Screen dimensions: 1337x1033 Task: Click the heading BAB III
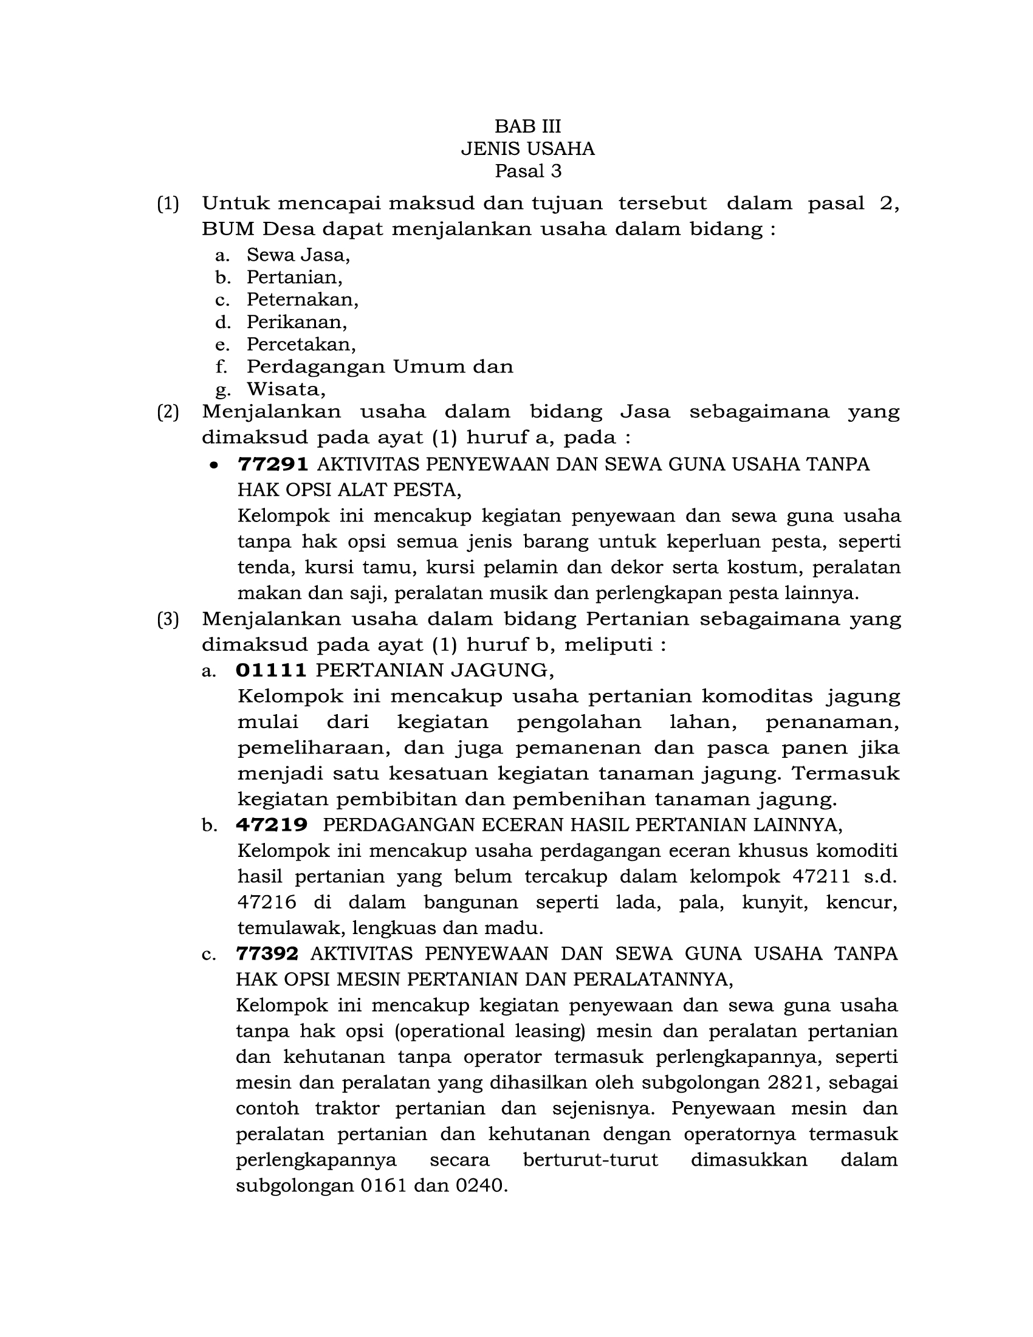(x=527, y=126)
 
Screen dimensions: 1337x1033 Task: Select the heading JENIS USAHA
(x=527, y=149)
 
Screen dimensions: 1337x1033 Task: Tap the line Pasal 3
(x=527, y=171)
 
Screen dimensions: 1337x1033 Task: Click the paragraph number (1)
(x=168, y=203)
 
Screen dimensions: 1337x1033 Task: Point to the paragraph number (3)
(x=168, y=619)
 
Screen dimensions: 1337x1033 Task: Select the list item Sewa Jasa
(x=298, y=255)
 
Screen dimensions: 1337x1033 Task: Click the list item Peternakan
(x=303, y=300)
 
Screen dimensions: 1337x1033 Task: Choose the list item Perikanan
(x=297, y=322)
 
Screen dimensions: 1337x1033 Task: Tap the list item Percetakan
(x=301, y=345)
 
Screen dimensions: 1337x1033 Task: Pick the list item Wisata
(x=286, y=390)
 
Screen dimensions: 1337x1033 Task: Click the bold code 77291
(x=273, y=465)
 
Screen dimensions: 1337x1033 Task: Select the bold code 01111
(x=271, y=670)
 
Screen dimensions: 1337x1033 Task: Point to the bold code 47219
(x=271, y=825)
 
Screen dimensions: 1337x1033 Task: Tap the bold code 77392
(x=267, y=954)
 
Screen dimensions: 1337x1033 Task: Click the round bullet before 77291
(x=213, y=466)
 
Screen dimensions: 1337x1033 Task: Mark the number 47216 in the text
(x=267, y=902)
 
